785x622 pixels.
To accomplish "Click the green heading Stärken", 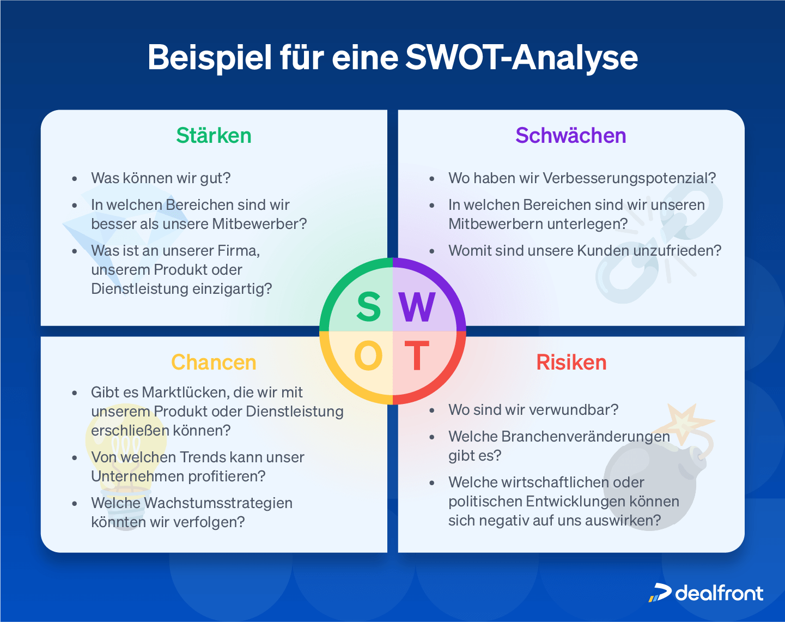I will (214, 136).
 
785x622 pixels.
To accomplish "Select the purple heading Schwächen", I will (571, 136).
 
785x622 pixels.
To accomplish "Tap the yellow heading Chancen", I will (214, 363).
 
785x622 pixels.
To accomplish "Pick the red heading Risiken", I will (571, 363).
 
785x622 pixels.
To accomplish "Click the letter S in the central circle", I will (368, 307).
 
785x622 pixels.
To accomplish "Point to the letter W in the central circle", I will (417, 307).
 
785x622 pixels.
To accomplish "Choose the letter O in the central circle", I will (368, 357).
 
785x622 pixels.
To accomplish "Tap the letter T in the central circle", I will (417, 357).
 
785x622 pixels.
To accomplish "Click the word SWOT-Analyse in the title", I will (521, 58).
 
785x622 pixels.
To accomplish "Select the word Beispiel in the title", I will (209, 58).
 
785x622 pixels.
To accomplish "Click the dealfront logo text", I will (719, 593).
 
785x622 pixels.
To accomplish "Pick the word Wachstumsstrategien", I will (218, 503).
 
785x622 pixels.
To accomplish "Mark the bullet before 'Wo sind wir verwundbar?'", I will (432, 410).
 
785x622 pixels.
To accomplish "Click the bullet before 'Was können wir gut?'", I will (75, 178).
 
